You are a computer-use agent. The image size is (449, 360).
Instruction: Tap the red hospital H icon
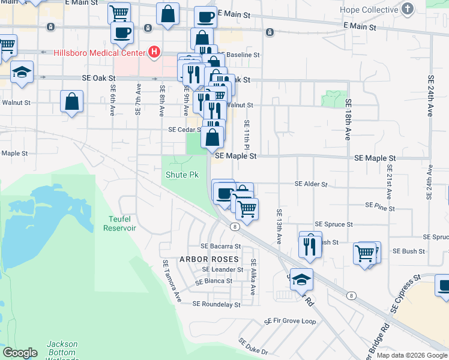(154, 52)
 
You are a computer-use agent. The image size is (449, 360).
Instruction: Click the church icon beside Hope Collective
(408, 9)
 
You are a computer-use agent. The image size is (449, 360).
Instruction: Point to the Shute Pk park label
(182, 175)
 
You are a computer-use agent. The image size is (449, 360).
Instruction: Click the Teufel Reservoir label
(120, 223)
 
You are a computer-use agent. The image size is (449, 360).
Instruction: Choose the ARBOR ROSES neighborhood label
(209, 259)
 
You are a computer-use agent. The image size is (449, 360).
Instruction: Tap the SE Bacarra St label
(220, 246)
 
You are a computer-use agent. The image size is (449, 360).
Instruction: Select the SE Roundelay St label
(216, 304)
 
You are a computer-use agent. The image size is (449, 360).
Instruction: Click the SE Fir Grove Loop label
(291, 322)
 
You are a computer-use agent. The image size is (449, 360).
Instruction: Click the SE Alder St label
(311, 185)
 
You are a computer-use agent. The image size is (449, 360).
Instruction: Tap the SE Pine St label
(380, 208)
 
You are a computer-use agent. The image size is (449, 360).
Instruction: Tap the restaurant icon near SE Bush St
(310, 247)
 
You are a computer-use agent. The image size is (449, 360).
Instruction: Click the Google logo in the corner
(20, 353)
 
